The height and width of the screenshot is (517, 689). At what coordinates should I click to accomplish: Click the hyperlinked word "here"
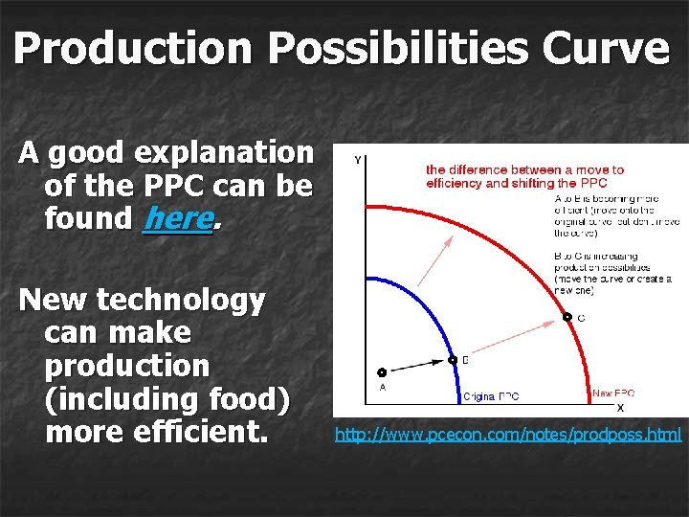coord(176,218)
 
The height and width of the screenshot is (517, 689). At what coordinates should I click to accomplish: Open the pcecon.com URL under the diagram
coord(507,435)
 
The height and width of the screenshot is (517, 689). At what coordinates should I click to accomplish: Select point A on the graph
coord(382,372)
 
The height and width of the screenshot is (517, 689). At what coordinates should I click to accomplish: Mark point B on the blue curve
coord(453,361)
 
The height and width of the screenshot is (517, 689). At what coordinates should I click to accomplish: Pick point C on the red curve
coord(567,317)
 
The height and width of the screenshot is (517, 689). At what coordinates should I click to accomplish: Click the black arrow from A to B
coord(417,367)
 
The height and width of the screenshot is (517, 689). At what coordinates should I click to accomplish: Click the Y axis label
coord(357,160)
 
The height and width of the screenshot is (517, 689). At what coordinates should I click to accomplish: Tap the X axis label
coord(620,406)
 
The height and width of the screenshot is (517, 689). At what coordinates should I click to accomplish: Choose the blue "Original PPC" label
coord(492,396)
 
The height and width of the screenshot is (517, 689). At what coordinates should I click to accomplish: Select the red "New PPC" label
coord(612,393)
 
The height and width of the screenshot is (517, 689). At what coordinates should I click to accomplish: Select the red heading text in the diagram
coord(524,176)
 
